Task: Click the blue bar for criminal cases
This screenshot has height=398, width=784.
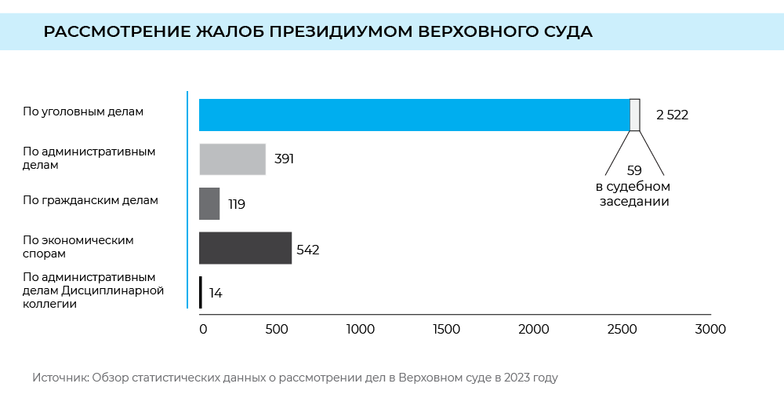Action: click(414, 115)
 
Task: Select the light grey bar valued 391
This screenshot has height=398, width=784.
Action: click(232, 159)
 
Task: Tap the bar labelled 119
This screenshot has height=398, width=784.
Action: click(209, 203)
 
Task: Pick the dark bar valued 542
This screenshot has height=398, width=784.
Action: click(245, 248)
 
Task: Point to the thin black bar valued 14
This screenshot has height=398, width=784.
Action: click(201, 292)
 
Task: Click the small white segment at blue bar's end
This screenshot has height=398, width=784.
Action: click(635, 115)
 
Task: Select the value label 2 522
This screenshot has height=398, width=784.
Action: click(672, 115)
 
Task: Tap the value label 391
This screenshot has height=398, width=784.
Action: click(284, 159)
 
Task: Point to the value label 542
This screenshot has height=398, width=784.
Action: click(308, 250)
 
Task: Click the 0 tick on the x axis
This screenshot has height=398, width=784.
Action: click(203, 329)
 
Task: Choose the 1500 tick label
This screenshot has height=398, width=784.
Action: click(446, 329)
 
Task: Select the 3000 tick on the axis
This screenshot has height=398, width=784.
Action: click(710, 329)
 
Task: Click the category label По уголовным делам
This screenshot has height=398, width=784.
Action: click(83, 111)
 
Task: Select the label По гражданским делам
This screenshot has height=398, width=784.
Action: click(90, 200)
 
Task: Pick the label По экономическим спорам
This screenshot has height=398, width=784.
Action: click(78, 246)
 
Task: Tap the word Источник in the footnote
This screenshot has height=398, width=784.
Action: click(60, 378)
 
